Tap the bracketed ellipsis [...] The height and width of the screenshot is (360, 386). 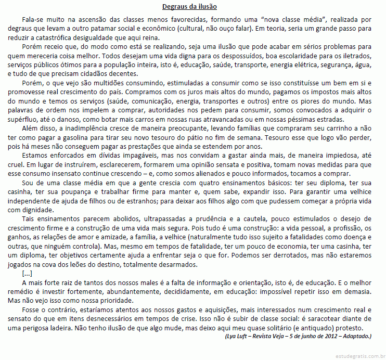point(28,274)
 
